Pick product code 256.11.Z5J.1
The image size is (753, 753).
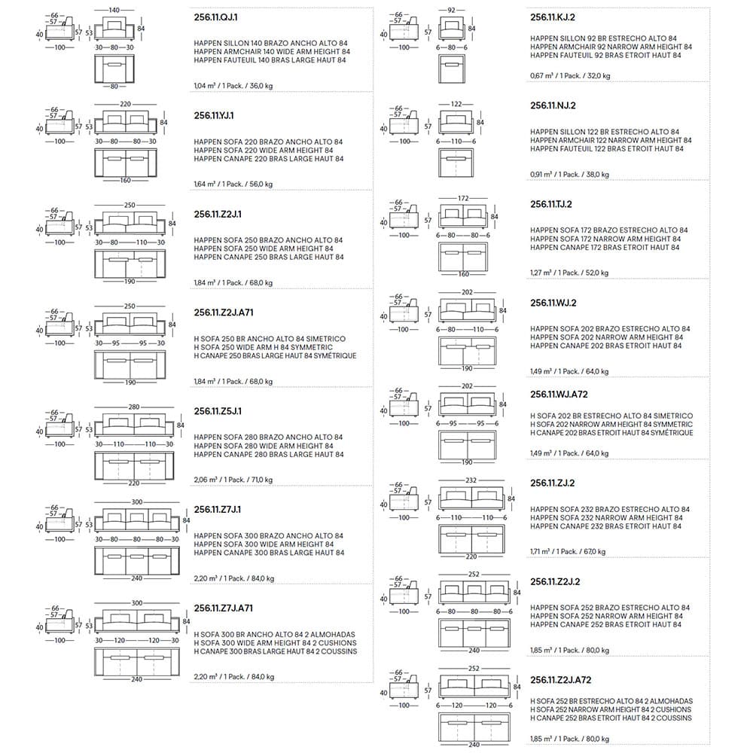217,412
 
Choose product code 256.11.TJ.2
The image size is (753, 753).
551,204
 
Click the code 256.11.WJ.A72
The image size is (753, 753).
559,394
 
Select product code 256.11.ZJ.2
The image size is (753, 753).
551,483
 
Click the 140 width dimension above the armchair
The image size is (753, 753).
114,10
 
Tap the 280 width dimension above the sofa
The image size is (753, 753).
133,407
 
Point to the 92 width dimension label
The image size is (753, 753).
452,10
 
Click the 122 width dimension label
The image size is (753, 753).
456,103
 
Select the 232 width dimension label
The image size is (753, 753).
471,480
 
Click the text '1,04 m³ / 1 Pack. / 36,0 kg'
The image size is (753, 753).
233,86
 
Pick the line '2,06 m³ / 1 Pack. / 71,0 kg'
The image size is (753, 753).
233,480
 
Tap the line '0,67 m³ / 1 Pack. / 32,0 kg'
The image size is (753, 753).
570,75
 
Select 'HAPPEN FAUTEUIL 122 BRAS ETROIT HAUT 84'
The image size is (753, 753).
606,149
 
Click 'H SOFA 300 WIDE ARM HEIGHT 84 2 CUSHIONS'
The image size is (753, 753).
274,643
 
